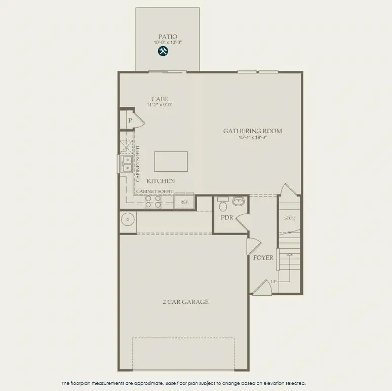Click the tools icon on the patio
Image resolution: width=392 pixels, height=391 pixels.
pyautogui.click(x=163, y=51)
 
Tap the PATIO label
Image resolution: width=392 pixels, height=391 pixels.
pyautogui.click(x=168, y=36)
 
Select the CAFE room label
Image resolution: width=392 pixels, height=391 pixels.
pyautogui.click(x=160, y=99)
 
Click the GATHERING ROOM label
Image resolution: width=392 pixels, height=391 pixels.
pyautogui.click(x=252, y=131)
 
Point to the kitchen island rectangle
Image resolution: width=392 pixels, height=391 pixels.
pyautogui.click(x=171, y=162)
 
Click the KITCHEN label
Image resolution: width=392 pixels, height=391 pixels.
pyautogui.click(x=161, y=181)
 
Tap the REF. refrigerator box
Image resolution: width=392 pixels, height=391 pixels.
pyautogui.click(x=184, y=202)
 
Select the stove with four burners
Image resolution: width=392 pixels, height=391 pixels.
pyautogui.click(x=153, y=202)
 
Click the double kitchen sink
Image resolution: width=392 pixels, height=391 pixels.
pyautogui.click(x=127, y=164)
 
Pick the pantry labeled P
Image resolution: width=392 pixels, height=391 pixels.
pyautogui.click(x=130, y=121)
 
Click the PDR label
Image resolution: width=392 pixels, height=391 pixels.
pyautogui.click(x=226, y=217)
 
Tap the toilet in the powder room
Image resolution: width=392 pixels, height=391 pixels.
pyautogui.click(x=222, y=205)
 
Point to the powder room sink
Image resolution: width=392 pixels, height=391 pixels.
pyautogui.click(x=238, y=201)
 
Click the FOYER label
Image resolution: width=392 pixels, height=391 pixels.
pyautogui.click(x=263, y=258)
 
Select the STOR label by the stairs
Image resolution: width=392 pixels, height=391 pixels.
pyautogui.click(x=289, y=218)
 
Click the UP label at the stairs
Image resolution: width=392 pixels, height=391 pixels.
pyautogui.click(x=273, y=281)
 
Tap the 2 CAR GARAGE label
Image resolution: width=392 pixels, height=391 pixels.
pyautogui.click(x=185, y=302)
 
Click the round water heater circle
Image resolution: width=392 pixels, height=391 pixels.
pyautogui.click(x=128, y=221)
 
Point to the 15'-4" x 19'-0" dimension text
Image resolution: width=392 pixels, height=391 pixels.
pyautogui.click(x=252, y=137)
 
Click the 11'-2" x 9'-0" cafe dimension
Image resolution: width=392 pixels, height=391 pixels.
pyautogui.click(x=160, y=105)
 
